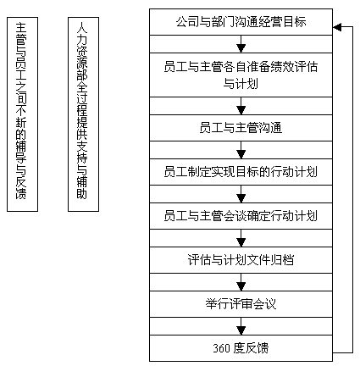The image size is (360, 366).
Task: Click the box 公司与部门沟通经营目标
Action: click(x=241, y=22)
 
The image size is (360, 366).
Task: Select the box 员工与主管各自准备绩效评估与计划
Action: click(x=241, y=75)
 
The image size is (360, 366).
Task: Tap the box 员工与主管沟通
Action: click(x=241, y=128)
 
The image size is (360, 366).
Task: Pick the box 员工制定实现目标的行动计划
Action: click(x=241, y=172)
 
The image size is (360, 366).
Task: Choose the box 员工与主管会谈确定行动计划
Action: click(x=241, y=216)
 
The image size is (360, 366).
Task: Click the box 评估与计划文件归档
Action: click(x=241, y=260)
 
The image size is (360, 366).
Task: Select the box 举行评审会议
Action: click(x=241, y=304)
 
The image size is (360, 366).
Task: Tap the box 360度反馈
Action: click(x=241, y=348)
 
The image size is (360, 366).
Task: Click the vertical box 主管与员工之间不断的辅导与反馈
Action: click(x=22, y=114)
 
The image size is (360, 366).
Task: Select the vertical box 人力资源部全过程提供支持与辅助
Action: click(x=83, y=114)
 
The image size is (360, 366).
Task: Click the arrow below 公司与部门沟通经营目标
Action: click(x=241, y=44)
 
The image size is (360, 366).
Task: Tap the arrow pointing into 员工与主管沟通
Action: click(x=241, y=106)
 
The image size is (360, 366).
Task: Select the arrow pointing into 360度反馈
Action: click(x=241, y=326)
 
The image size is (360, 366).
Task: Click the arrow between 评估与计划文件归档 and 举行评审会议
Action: click(x=241, y=282)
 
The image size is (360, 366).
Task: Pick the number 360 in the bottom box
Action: click(x=221, y=348)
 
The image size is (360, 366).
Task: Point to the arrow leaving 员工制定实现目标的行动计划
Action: click(x=241, y=194)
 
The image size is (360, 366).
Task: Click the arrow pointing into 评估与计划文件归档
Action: click(x=241, y=238)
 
